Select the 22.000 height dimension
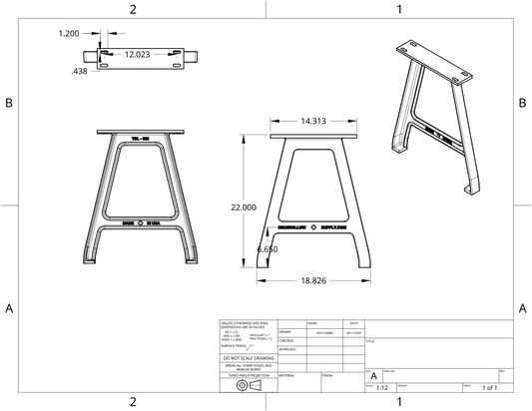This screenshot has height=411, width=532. point(244,206)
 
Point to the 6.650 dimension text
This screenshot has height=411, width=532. point(267,248)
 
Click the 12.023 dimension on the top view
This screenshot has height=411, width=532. point(140,55)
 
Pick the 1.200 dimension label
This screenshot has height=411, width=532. point(69,33)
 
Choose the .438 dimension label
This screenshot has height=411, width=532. point(79,72)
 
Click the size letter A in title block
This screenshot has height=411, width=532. point(373,374)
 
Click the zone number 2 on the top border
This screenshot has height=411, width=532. point(133,9)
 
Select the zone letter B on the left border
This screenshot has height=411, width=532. point(9,104)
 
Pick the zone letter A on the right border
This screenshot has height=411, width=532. point(522,308)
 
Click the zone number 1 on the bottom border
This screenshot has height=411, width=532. point(398,401)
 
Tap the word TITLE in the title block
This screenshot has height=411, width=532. point(371,341)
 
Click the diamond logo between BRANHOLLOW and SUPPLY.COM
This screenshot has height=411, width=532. point(313,227)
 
